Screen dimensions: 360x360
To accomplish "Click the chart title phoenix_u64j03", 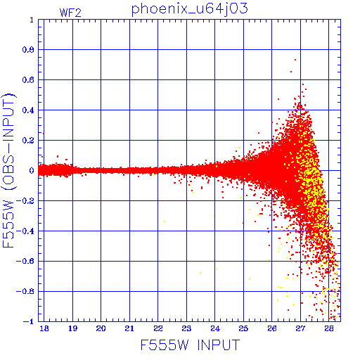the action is pyautogui.click(x=189, y=9).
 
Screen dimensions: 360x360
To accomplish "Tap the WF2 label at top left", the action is pyautogui.click(x=70, y=13).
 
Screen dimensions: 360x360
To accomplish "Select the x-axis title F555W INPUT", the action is pyautogui.click(x=190, y=345).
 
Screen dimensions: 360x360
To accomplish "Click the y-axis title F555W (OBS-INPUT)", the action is pyautogui.click(x=8, y=170).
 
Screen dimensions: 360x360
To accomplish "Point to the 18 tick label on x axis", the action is pyautogui.click(x=44, y=328).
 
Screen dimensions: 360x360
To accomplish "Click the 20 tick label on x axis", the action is pyautogui.click(x=101, y=328).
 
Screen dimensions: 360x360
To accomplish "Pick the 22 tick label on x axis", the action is pyautogui.click(x=158, y=328).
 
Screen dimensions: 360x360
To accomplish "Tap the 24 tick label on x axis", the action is pyautogui.click(x=215, y=328).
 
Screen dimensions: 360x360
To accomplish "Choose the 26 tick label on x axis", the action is pyautogui.click(x=272, y=328).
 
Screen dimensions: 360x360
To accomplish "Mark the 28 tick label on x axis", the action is pyautogui.click(x=329, y=328).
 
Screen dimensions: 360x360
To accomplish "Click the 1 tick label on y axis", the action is pyautogui.click(x=32, y=20).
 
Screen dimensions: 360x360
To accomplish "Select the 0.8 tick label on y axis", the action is pyautogui.click(x=28, y=50).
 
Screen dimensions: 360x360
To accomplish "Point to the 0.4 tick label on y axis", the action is pyautogui.click(x=28, y=110).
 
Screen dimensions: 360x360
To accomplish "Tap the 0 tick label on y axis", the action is pyautogui.click(x=32, y=170).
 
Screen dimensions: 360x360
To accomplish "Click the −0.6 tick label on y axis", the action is pyautogui.click(x=25, y=261).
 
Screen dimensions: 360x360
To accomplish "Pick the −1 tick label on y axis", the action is pyautogui.click(x=29, y=321).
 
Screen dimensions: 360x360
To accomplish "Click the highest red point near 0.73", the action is pyautogui.click(x=295, y=60).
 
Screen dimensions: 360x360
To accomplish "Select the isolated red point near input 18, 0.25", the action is pyautogui.click(x=44, y=134).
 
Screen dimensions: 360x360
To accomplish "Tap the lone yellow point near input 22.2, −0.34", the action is pyautogui.click(x=165, y=221).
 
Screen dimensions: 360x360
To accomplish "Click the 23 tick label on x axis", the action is pyautogui.click(x=186, y=328).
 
